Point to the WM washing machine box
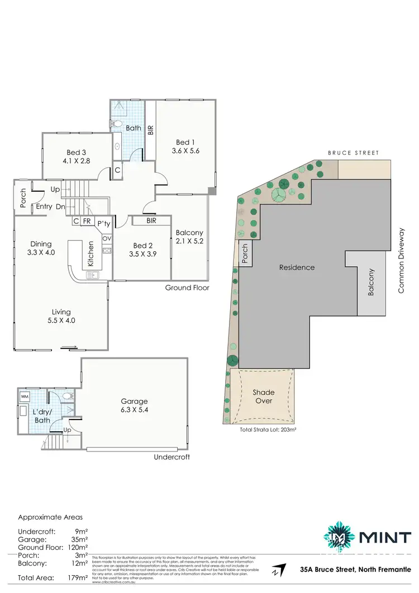click(x=25, y=396)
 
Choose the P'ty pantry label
click(x=103, y=223)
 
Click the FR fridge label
click(x=87, y=222)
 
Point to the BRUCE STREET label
click(x=353, y=153)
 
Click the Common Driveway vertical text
click(x=401, y=262)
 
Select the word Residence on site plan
click(x=297, y=267)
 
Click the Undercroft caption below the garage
click(x=172, y=457)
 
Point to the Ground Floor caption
click(x=187, y=288)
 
